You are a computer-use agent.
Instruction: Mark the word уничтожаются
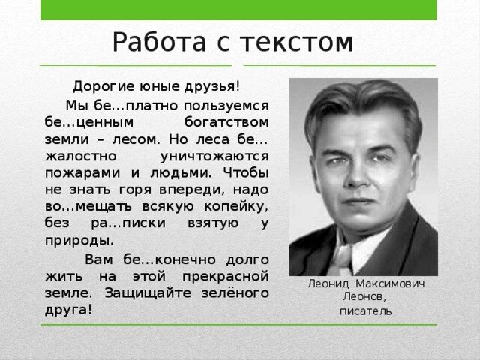214,156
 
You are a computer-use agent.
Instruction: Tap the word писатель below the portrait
363,310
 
